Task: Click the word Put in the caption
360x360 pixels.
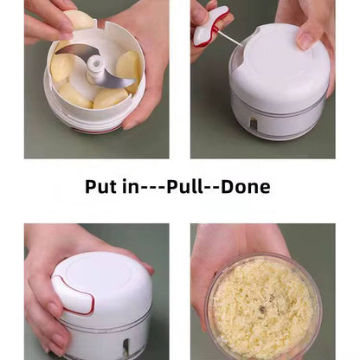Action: [x=100, y=187]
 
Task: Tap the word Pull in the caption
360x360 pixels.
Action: [x=185, y=186]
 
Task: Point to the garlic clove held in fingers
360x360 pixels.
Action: [x=80, y=19]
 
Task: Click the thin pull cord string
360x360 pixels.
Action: [x=230, y=38]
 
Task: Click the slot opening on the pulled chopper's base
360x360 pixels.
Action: [x=253, y=124]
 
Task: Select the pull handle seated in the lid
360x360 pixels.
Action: [x=72, y=294]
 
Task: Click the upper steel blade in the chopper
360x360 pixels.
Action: [x=77, y=51]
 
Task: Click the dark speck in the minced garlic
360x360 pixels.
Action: [x=262, y=309]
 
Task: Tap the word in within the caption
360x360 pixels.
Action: [x=131, y=187]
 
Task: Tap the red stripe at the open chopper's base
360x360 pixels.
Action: [x=97, y=130]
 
